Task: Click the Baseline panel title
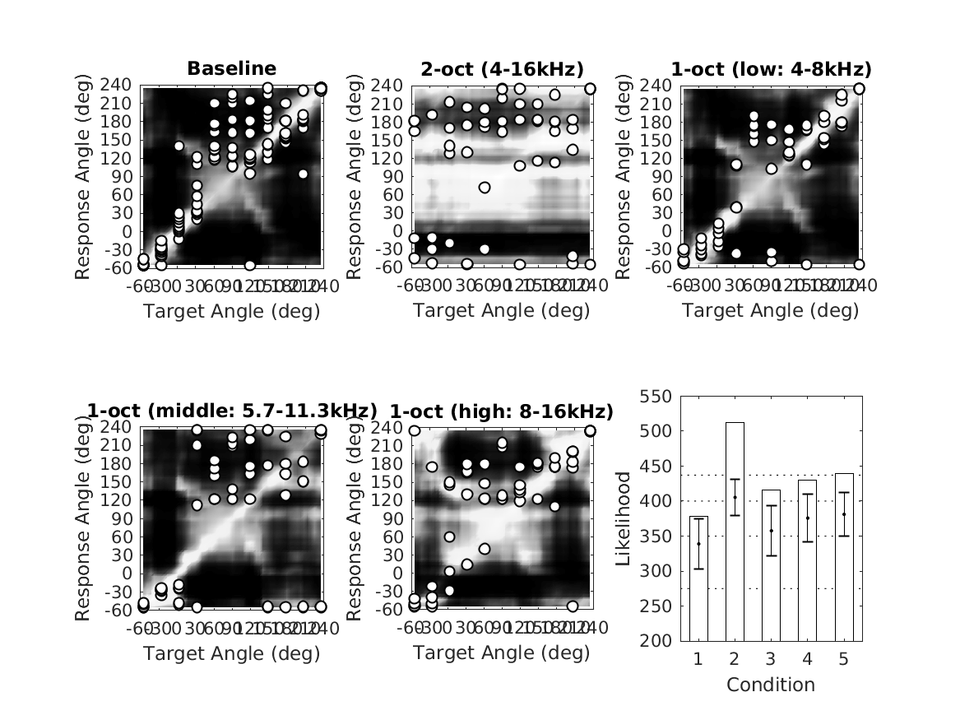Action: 232,68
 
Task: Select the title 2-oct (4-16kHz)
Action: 502,68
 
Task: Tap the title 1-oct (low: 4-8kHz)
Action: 772,68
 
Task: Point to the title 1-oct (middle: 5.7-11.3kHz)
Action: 232,411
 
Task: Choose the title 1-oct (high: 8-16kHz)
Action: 502,411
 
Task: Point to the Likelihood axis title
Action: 623,518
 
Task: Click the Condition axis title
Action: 771,685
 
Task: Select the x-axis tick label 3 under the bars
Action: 771,660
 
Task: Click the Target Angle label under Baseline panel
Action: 232,311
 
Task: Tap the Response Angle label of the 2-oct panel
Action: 354,177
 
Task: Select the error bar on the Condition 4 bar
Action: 807,518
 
